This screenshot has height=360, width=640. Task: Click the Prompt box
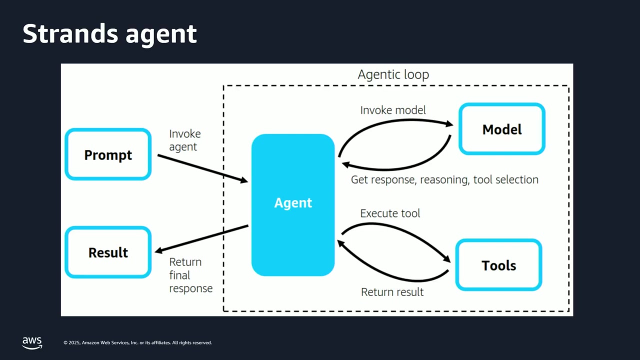(x=108, y=154)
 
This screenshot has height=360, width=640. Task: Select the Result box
(x=108, y=252)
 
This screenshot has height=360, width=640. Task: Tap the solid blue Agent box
(x=293, y=205)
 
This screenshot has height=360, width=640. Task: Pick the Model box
(x=502, y=129)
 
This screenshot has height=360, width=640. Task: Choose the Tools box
(x=499, y=265)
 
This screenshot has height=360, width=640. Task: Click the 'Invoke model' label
(x=393, y=110)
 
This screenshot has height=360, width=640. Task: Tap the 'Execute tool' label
(x=390, y=213)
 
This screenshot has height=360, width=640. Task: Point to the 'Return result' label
(x=392, y=292)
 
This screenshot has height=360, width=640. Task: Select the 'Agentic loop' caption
(x=393, y=75)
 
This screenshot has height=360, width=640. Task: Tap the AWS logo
(x=32, y=342)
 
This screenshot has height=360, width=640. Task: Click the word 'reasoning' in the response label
(x=444, y=180)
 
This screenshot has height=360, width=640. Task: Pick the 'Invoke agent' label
(x=184, y=140)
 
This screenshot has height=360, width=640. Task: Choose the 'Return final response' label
(x=190, y=275)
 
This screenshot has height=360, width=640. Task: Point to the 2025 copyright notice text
(x=137, y=343)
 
